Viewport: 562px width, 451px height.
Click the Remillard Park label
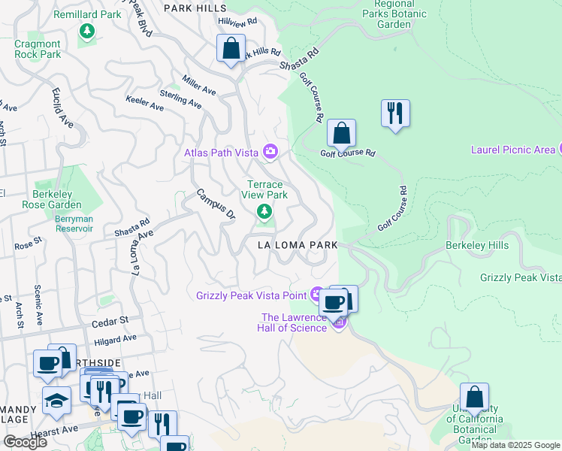(x=88, y=14)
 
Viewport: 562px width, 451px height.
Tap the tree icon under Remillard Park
(x=88, y=31)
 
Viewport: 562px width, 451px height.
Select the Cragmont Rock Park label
(x=38, y=49)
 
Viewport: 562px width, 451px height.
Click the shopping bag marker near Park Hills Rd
(x=231, y=49)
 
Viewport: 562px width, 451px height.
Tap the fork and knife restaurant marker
(x=395, y=114)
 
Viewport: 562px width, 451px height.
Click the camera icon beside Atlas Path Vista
(x=270, y=153)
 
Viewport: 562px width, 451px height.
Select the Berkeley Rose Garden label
(x=52, y=199)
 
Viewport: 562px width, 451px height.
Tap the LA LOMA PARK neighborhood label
(x=297, y=245)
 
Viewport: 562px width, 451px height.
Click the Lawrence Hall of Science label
(x=294, y=322)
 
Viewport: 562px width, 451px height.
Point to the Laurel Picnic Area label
(x=512, y=150)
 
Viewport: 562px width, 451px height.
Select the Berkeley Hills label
(x=477, y=245)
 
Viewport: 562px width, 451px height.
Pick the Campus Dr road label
(x=216, y=204)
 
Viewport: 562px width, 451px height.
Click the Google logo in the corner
(x=25, y=441)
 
